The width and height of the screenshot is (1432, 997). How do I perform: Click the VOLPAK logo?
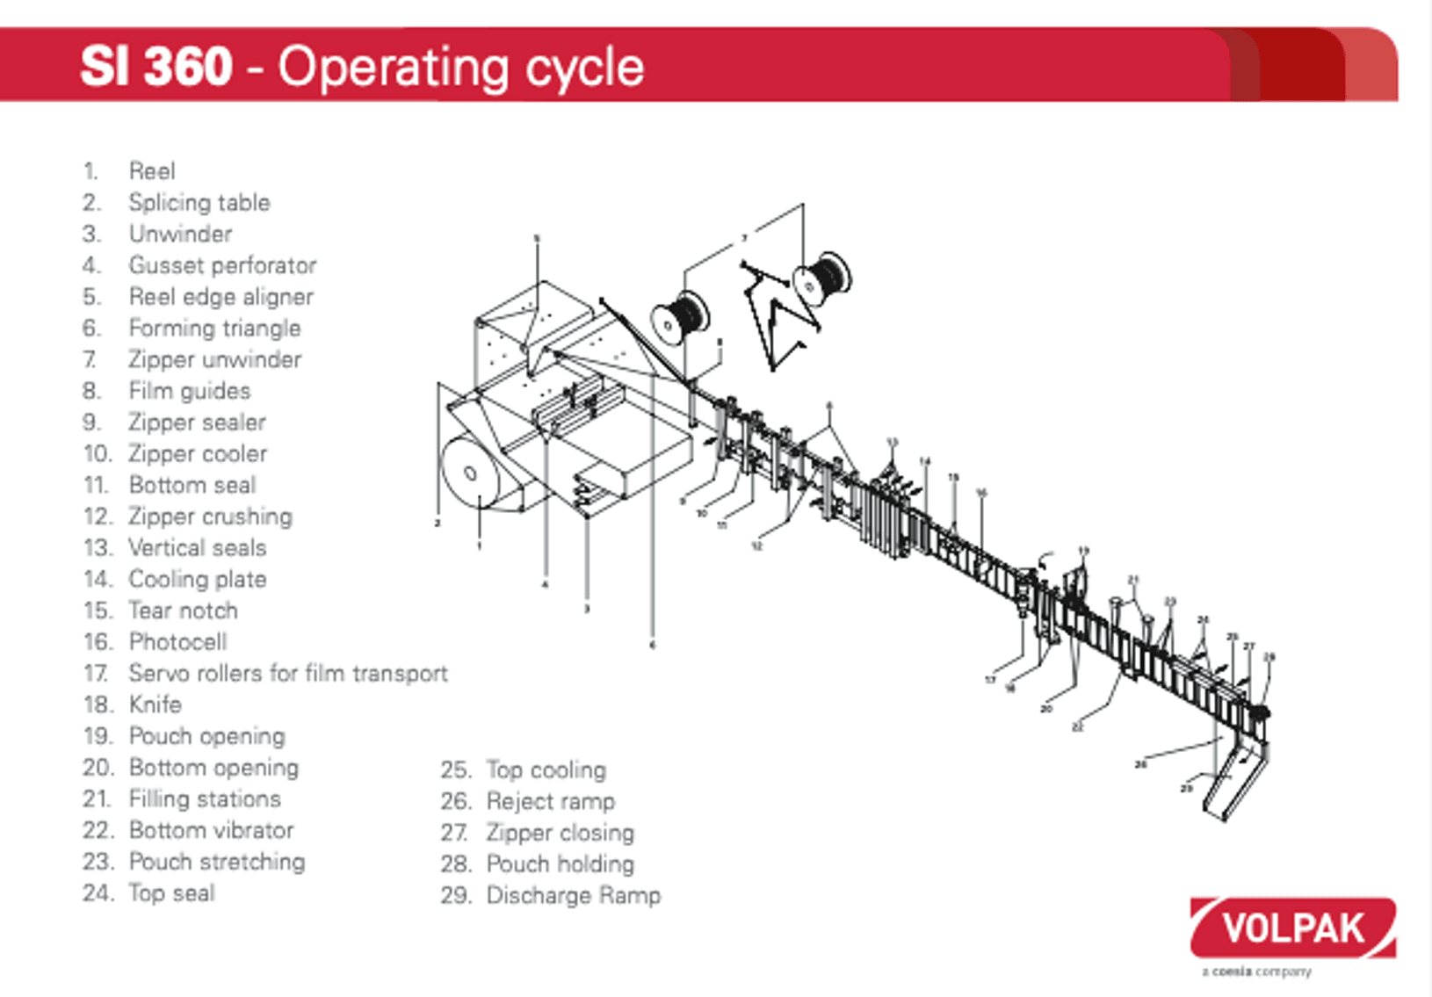click(x=1292, y=928)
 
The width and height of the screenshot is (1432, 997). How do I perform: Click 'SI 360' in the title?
click(x=156, y=66)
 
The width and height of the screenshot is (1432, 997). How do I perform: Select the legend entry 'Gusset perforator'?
click(x=222, y=265)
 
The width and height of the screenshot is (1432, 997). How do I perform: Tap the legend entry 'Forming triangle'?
click(x=214, y=329)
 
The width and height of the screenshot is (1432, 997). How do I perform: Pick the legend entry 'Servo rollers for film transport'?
click(x=288, y=674)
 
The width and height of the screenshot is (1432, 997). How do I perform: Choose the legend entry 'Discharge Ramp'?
click(x=573, y=896)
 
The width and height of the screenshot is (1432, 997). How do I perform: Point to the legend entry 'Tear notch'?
click(x=183, y=610)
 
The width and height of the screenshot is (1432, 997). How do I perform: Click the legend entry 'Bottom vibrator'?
click(x=211, y=830)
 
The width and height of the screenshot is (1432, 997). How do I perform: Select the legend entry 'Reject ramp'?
click(x=550, y=801)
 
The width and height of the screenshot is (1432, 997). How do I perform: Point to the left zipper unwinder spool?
click(x=679, y=318)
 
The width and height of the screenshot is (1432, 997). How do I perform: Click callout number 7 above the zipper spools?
click(x=744, y=238)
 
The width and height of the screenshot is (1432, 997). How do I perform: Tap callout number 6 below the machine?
click(x=652, y=645)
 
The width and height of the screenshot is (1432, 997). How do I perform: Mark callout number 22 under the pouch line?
click(x=1077, y=727)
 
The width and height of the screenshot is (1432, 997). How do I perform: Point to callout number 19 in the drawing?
click(x=1083, y=552)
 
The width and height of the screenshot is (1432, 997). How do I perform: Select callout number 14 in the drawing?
click(x=924, y=461)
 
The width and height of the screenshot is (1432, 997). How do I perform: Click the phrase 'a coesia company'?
click(x=1256, y=972)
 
